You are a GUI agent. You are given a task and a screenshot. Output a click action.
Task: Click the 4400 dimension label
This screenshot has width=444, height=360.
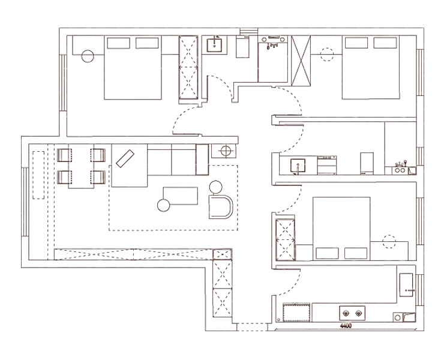tap(346, 326)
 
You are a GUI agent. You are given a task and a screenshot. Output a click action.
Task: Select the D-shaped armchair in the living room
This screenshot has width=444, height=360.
tap(221, 207)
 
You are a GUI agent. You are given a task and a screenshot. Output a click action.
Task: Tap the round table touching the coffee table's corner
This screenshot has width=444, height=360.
tap(163, 205)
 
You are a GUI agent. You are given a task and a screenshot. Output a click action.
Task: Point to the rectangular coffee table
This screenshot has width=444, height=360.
tap(181, 196)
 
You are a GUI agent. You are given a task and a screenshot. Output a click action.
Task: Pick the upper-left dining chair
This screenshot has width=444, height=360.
tap(64, 155)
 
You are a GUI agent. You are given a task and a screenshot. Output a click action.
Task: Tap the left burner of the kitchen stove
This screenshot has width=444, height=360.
tap(346, 313)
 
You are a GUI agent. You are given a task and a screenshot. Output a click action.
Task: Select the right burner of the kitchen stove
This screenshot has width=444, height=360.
tap(359, 313)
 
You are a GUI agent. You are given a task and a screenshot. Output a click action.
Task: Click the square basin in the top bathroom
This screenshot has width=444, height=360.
tap(214, 46)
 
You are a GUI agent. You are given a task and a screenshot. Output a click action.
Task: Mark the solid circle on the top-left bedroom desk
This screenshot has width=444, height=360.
tap(88, 56)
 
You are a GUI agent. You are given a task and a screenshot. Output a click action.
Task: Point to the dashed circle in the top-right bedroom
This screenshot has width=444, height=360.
tap(327, 55)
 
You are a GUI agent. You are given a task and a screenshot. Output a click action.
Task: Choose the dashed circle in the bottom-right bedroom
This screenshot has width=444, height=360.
tap(389, 242)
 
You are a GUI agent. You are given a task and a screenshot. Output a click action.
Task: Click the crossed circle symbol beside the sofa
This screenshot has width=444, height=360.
tap(226, 151)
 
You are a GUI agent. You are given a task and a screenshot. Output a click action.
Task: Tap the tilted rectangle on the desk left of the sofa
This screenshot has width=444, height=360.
tap(125, 158)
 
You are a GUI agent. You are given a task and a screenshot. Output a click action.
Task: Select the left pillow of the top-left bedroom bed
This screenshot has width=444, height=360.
tap(118, 43)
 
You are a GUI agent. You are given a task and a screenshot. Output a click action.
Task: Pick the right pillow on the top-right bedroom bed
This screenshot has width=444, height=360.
tap(385, 43)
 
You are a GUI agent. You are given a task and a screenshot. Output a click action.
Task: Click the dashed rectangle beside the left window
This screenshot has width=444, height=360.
tap(38, 175)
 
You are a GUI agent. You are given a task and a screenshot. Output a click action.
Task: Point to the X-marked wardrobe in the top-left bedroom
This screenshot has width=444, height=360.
tap(188, 67)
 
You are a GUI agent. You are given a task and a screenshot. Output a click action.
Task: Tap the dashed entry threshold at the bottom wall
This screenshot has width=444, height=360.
tap(252, 327)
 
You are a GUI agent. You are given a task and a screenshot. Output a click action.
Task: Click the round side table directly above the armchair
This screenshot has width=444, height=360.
tap(216, 187)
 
